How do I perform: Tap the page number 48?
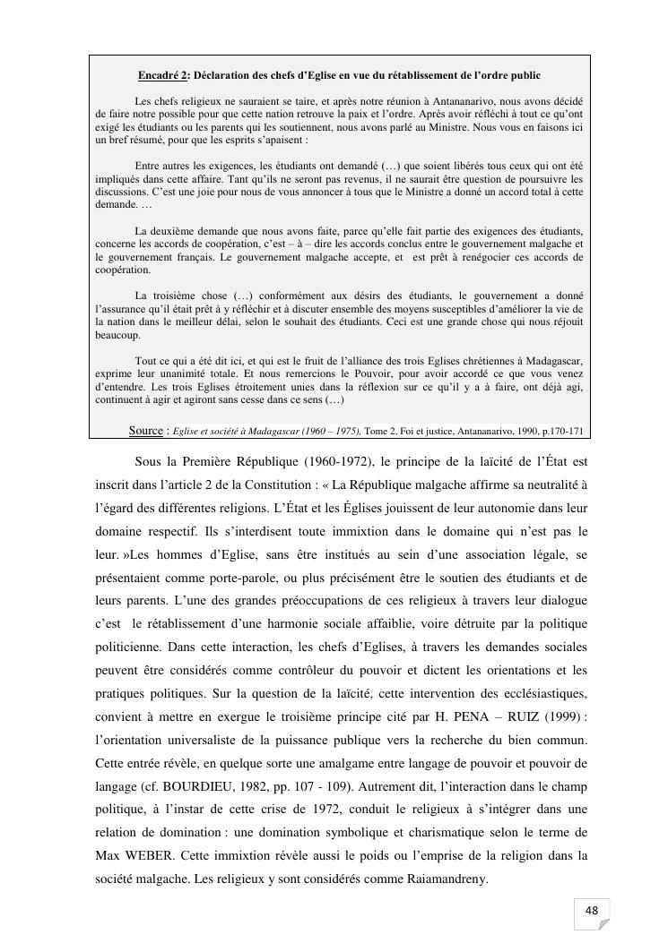tap(591, 911)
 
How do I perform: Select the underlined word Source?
tap(146, 431)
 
